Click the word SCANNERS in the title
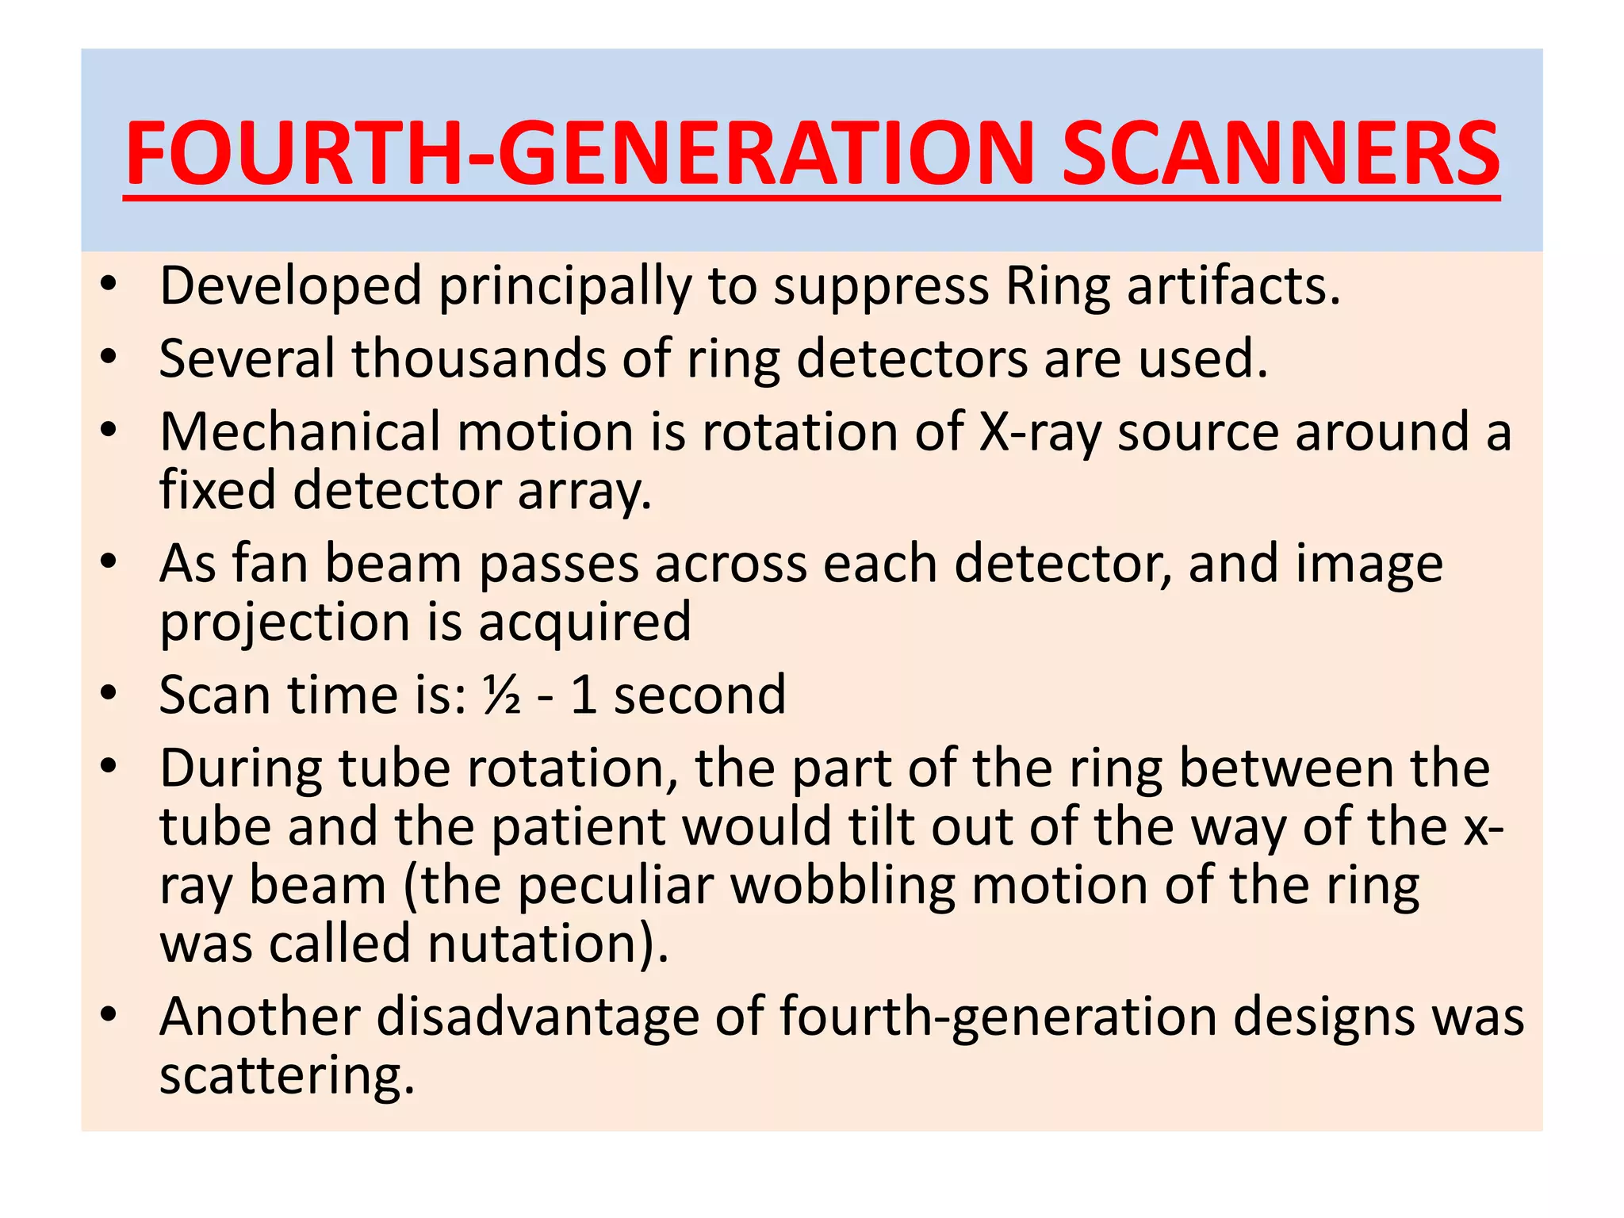point(1280,152)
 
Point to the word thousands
point(478,358)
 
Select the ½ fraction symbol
point(501,695)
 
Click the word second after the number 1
point(699,695)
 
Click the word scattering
point(287,1076)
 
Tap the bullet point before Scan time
point(109,694)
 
